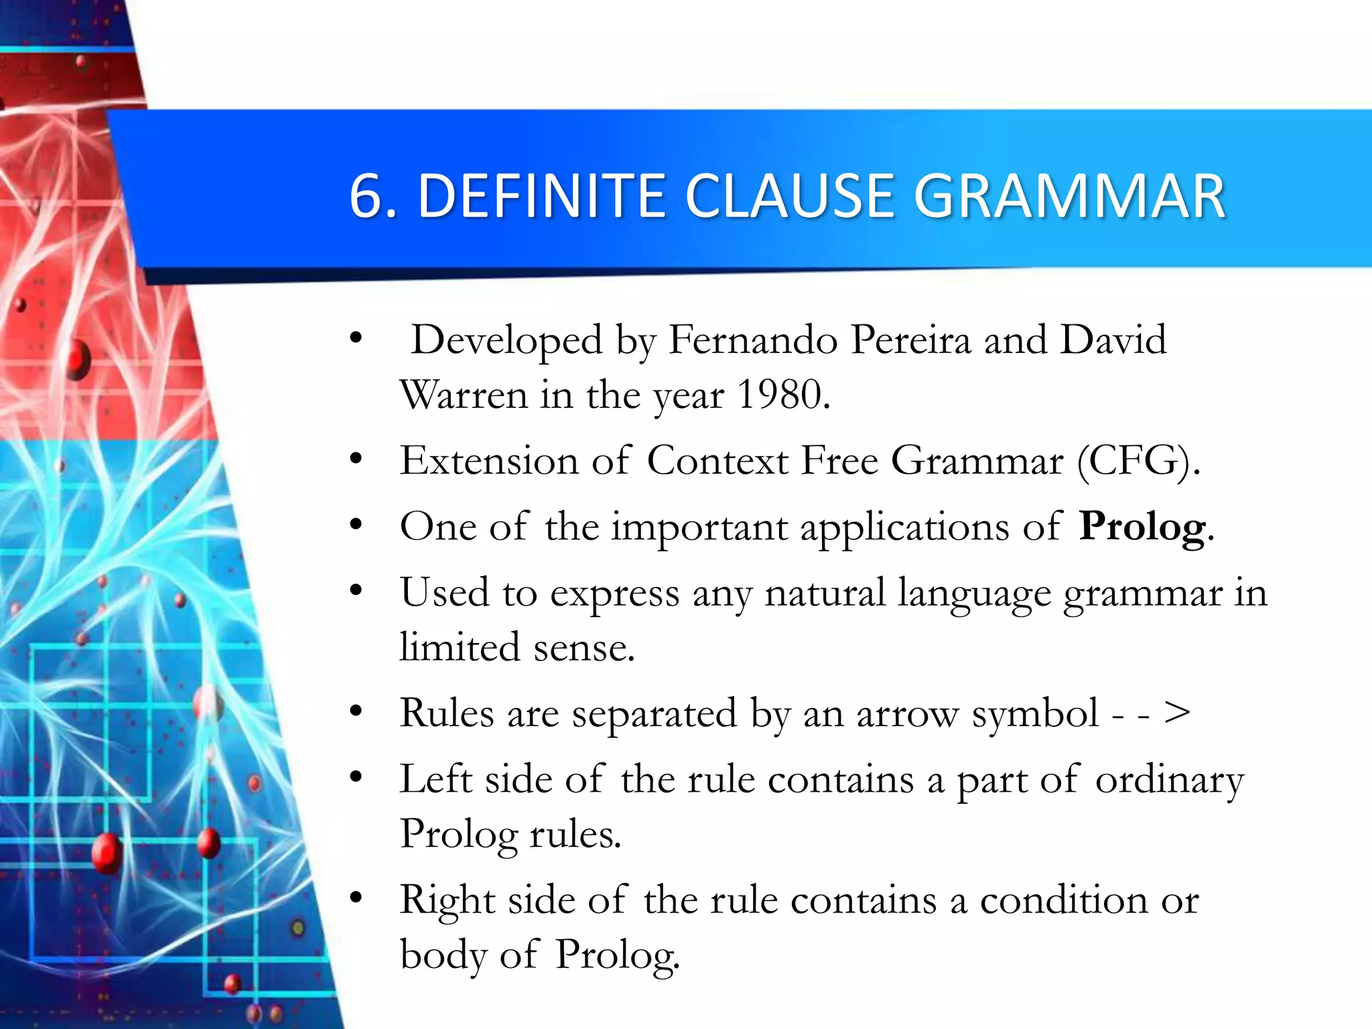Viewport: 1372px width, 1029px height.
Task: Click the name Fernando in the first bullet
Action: coord(753,340)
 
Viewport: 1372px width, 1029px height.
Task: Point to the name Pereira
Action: coord(910,340)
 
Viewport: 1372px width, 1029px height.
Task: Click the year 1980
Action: coord(779,394)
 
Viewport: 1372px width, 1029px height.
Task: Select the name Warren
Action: coord(463,394)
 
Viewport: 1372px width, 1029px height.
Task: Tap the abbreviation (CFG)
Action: coord(1138,461)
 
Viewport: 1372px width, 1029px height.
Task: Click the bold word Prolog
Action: coord(1142,527)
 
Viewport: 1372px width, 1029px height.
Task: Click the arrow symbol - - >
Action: coord(1150,713)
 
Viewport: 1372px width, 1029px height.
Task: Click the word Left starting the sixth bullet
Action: coord(435,779)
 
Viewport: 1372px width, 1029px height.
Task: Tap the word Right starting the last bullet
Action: coord(447,900)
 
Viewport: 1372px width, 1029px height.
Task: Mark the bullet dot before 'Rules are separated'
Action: coord(356,711)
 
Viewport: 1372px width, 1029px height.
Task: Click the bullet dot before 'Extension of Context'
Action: coord(356,459)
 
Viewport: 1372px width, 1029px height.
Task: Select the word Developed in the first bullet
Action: coord(506,340)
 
